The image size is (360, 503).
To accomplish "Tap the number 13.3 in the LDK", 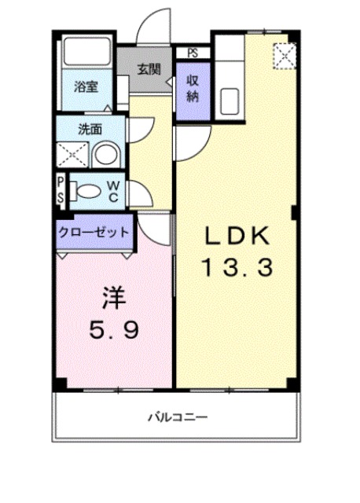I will (x=238, y=268).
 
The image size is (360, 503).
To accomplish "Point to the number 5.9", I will (x=115, y=331).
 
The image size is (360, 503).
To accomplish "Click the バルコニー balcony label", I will (x=178, y=417).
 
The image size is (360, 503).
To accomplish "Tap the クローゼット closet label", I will (x=94, y=233).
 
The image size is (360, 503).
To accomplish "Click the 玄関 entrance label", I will (x=149, y=68).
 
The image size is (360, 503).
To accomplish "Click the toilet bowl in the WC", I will (x=86, y=189).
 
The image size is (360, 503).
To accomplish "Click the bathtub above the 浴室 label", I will (x=87, y=55).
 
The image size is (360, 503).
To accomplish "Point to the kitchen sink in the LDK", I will (x=231, y=101).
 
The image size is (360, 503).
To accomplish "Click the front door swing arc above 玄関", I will (x=156, y=24).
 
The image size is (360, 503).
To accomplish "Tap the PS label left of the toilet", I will (x=60, y=189).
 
